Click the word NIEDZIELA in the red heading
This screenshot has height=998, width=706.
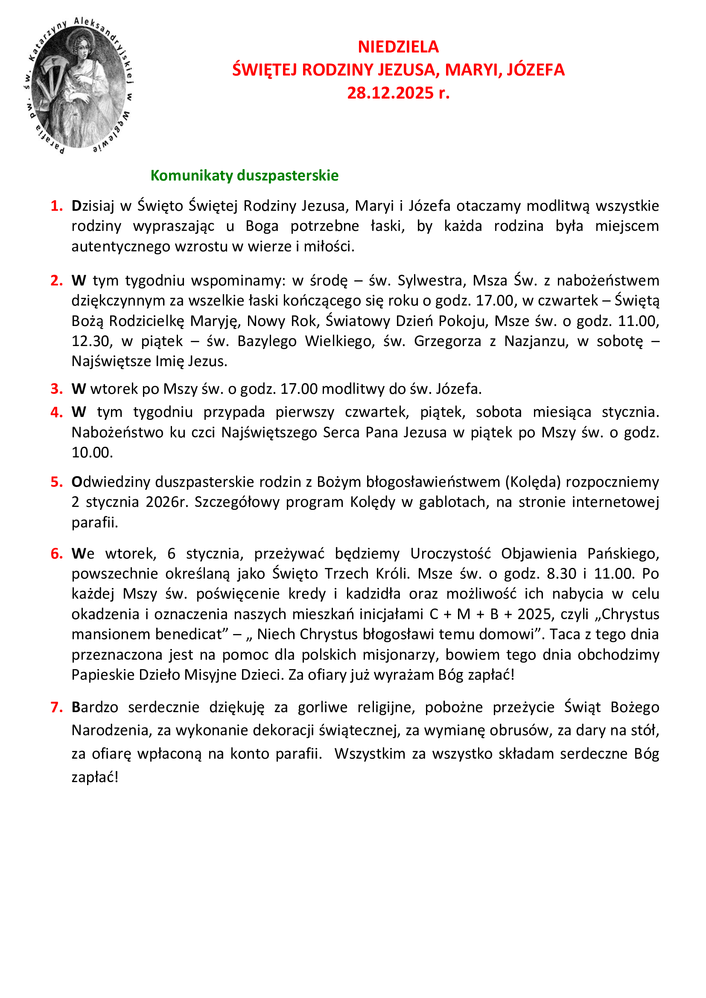click(398, 47)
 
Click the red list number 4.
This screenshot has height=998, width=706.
click(56, 412)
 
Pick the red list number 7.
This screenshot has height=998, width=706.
click(56, 707)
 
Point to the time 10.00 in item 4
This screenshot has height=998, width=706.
click(92, 452)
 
